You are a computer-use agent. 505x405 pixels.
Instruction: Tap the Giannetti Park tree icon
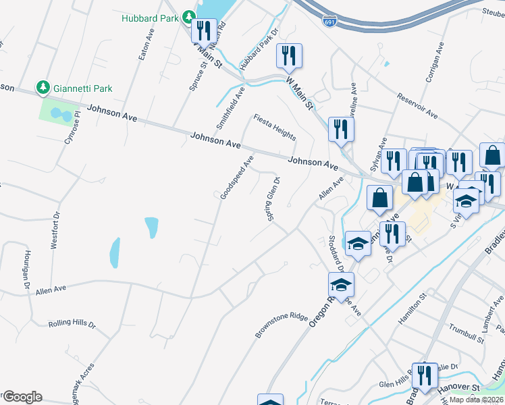[43, 88]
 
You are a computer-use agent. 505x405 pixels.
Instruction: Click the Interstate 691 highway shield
[329, 22]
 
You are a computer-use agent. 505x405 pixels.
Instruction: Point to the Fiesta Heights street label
[275, 126]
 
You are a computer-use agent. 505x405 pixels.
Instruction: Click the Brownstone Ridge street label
[282, 325]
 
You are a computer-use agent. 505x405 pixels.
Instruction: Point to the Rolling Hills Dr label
[72, 324]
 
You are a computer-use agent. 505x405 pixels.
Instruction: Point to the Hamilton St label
[413, 307]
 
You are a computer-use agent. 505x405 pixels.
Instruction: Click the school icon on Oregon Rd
[342, 284]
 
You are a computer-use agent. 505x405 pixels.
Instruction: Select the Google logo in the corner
[22, 397]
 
